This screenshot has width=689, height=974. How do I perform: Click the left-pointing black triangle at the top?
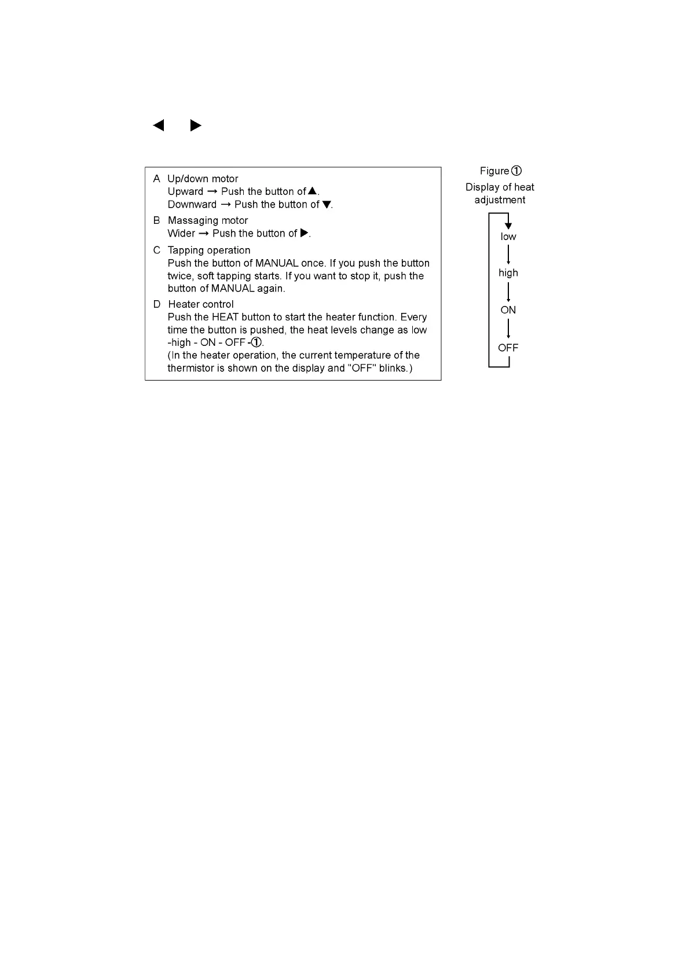[x=158, y=125]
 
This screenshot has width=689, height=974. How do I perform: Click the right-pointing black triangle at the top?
[x=196, y=125]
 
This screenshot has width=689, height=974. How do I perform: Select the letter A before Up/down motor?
[x=156, y=179]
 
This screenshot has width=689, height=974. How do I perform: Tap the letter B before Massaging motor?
[x=156, y=220]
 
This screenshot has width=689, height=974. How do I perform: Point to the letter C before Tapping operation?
[x=156, y=250]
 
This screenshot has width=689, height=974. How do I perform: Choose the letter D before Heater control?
[x=156, y=304]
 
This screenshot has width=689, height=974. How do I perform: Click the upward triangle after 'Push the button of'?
[x=312, y=191]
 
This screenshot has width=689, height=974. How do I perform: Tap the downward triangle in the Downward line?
[x=326, y=204]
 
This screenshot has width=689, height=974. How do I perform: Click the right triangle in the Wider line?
[x=304, y=233]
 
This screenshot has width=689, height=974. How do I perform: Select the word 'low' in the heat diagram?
[x=508, y=237]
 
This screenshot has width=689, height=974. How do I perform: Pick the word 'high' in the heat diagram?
[x=508, y=273]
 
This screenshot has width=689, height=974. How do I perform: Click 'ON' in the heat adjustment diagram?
[x=508, y=310]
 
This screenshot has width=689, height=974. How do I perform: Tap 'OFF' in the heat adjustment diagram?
[x=508, y=348]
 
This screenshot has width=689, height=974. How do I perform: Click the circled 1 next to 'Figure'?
[x=516, y=171]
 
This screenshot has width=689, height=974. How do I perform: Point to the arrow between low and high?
[x=508, y=254]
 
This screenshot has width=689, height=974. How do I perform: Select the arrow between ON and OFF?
[x=508, y=329]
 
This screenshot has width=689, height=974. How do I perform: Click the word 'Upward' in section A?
[x=185, y=191]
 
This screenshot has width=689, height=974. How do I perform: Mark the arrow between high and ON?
[x=508, y=292]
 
